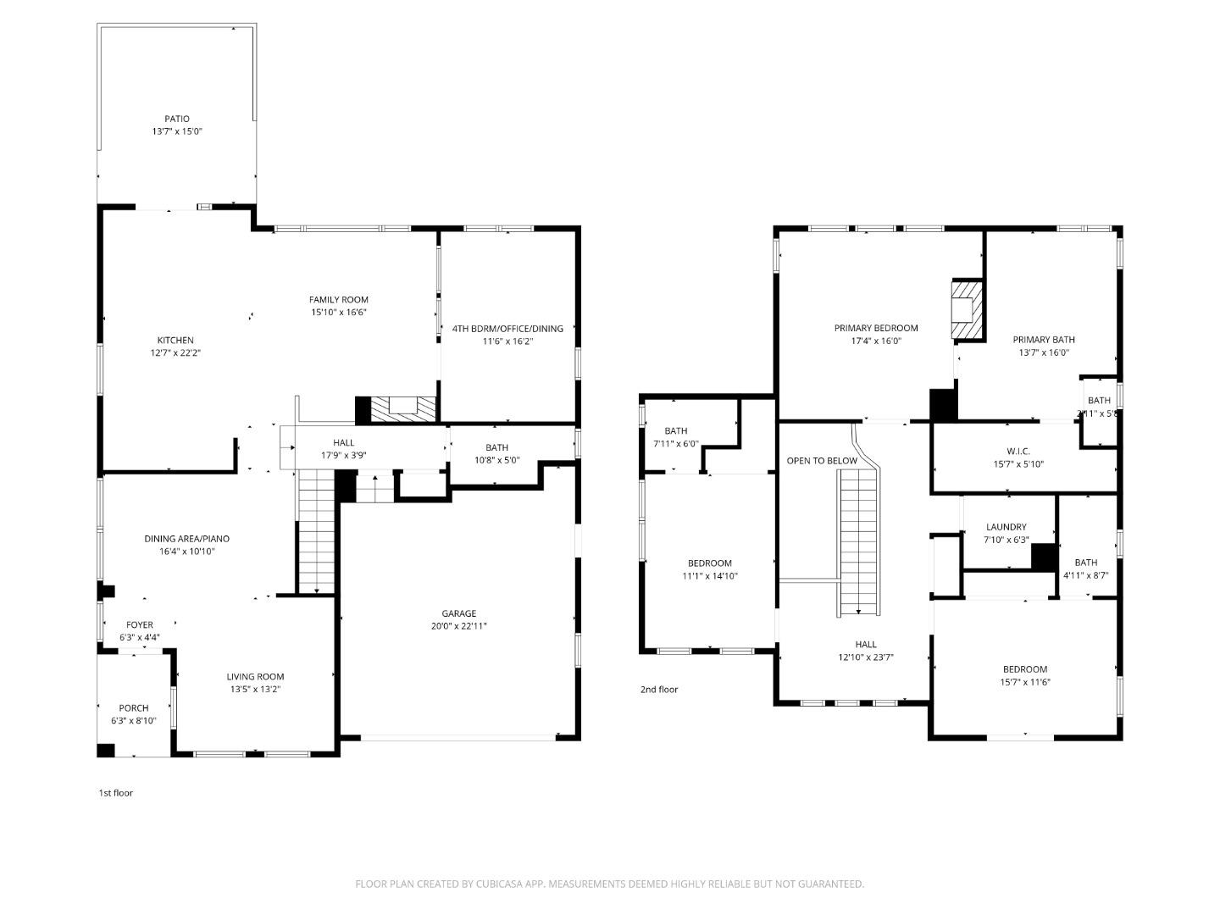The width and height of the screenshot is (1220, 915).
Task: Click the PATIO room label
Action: click(177, 119)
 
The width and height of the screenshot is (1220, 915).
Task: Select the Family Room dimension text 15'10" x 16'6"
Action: click(338, 312)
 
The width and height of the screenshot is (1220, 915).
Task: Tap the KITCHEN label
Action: click(175, 341)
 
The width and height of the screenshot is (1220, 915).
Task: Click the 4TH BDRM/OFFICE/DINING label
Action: click(507, 329)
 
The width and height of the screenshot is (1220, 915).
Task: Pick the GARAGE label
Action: click(458, 613)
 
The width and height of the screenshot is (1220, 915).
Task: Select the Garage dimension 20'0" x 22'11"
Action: click(458, 626)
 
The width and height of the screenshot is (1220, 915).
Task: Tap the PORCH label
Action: click(134, 708)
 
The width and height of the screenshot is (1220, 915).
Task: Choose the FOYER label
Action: click(140, 625)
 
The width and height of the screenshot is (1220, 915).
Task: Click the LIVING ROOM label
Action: click(255, 677)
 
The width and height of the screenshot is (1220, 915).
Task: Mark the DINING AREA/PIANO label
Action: click(186, 539)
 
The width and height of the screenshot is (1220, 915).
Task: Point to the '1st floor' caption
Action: click(116, 793)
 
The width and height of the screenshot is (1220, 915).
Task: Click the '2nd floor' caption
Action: click(659, 690)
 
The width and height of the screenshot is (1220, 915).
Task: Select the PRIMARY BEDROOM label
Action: click(876, 328)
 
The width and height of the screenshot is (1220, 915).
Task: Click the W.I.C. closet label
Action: click(1018, 452)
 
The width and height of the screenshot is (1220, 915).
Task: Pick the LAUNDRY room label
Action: click(1006, 527)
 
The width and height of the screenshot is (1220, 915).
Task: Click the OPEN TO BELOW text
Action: click(822, 461)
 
